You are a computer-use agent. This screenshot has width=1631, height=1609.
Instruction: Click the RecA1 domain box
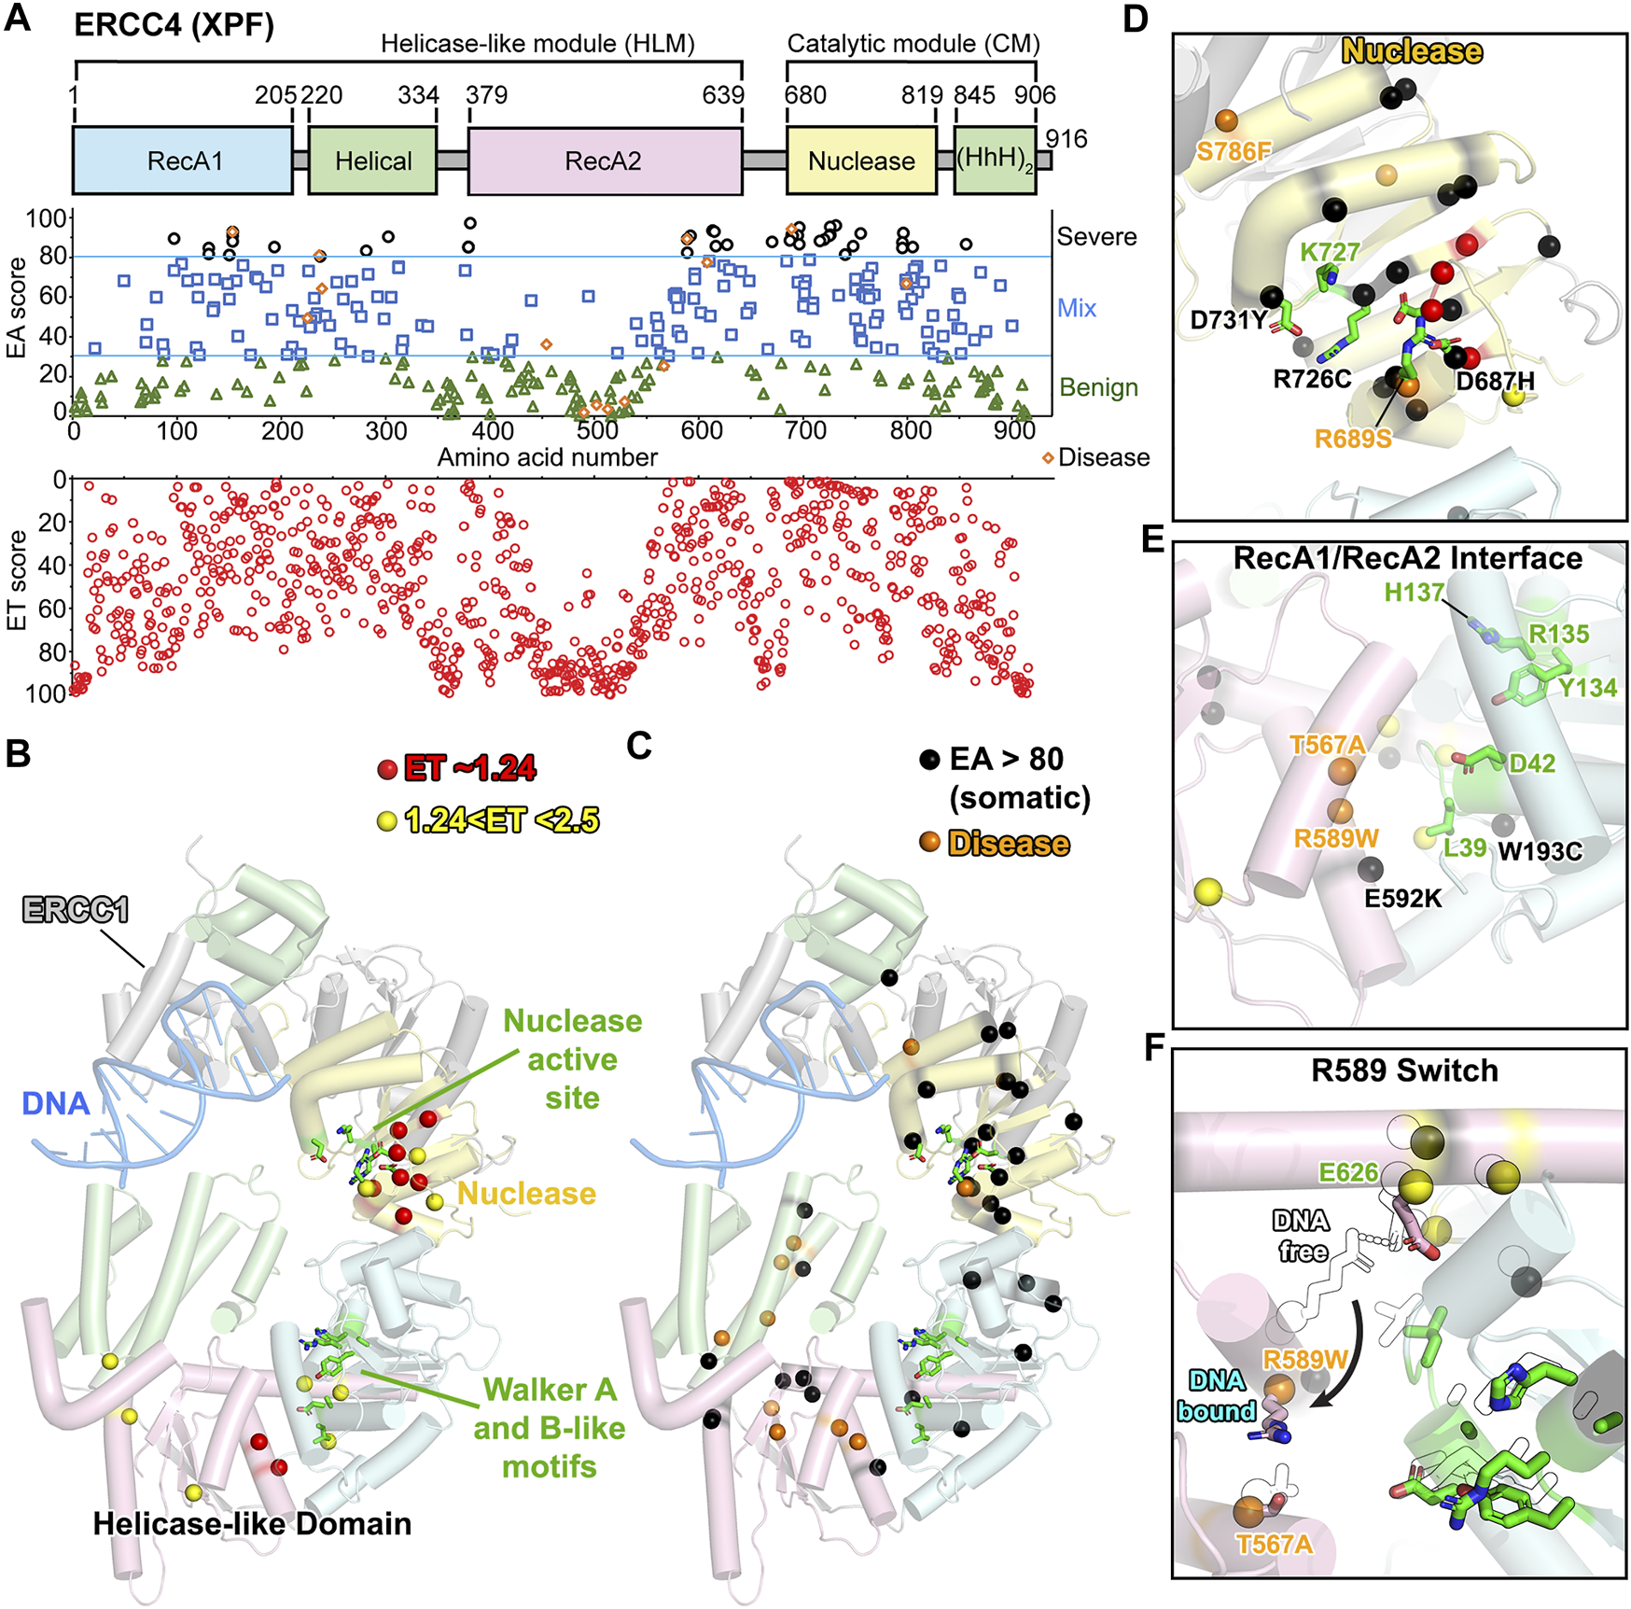pos(183,161)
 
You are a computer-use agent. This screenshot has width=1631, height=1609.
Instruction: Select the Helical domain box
pos(372,161)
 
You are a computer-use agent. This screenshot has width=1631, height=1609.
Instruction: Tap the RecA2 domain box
pos(604,161)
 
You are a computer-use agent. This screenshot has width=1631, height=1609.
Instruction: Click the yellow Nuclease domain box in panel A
pos(861,161)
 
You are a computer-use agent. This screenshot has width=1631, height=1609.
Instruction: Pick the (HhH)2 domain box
pos(995,161)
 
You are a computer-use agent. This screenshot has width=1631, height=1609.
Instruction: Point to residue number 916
pos(1066,139)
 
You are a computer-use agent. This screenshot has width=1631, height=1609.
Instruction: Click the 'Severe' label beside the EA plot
pos(1096,237)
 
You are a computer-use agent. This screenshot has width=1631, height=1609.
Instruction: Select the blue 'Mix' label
pos(1077,308)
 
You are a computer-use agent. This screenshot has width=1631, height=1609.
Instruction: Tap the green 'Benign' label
pos(1098,387)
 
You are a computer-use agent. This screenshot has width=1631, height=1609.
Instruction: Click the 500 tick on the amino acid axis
pos(597,431)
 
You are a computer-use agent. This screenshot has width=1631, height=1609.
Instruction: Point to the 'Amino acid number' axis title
pos(548,457)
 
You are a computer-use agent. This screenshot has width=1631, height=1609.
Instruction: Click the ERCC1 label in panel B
pos(76,910)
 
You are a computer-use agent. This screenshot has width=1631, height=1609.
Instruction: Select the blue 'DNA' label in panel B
pos(56,1103)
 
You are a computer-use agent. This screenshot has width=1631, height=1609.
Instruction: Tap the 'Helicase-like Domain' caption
pos(252,1524)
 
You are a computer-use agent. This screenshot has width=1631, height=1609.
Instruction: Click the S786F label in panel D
pos(1234,151)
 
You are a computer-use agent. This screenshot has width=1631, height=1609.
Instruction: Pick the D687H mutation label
pos(1495,381)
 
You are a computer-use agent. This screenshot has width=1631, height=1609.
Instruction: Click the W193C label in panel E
pos(1540,851)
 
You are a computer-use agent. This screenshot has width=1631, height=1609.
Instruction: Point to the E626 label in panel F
pos(1347,1172)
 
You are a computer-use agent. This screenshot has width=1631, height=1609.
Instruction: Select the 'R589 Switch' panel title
pos(1404,1070)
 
